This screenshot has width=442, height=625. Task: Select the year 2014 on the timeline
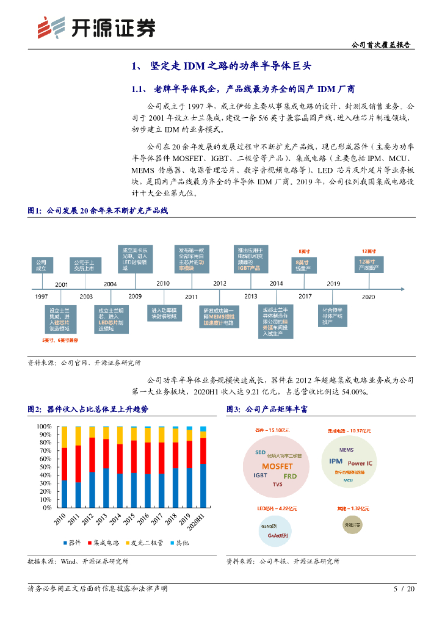[x=276, y=283]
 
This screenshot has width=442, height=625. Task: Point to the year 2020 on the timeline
[x=368, y=297]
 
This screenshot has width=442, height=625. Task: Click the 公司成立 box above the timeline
[x=41, y=265]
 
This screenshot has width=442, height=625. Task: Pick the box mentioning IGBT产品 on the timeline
[x=250, y=259]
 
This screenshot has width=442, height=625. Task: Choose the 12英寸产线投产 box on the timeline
[x=368, y=265]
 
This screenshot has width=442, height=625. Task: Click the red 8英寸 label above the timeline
[x=303, y=251]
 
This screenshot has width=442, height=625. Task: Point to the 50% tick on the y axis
[x=45, y=467]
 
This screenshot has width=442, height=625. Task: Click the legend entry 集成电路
[x=106, y=542]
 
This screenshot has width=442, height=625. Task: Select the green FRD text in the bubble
[x=290, y=475]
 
